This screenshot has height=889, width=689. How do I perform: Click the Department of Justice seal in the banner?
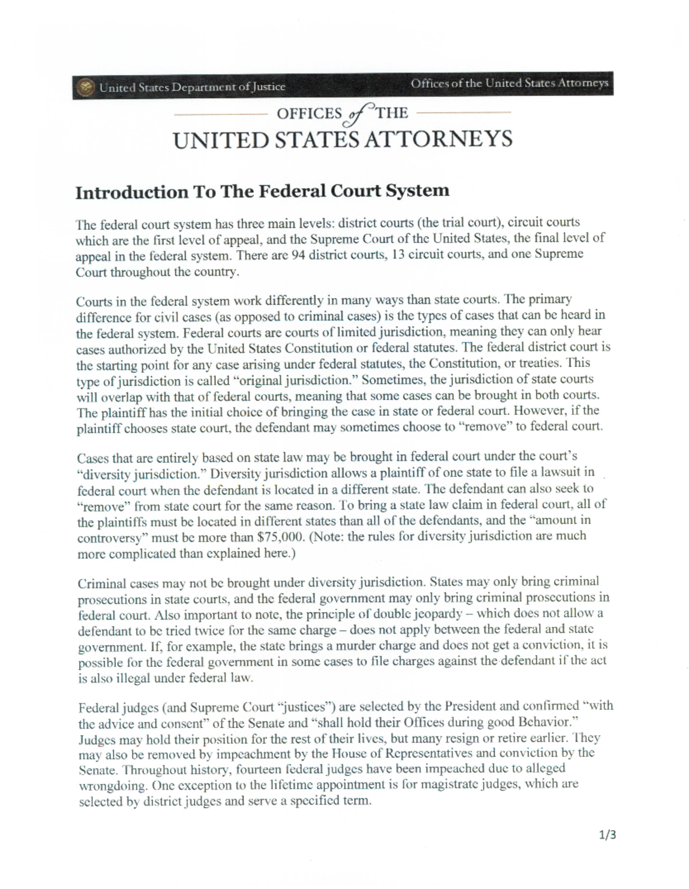86,88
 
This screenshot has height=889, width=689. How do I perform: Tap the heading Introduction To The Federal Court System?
262,191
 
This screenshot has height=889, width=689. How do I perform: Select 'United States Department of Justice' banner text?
192,87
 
